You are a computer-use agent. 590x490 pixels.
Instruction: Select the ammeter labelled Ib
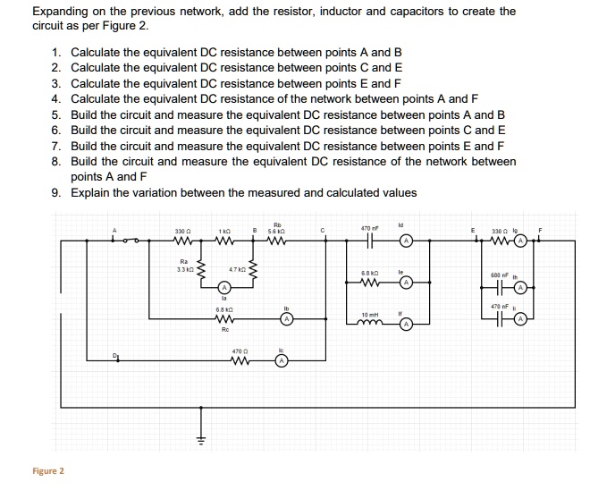pyautogui.click(x=285, y=318)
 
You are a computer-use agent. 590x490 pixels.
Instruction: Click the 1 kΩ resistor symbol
pyautogui.click(x=227, y=241)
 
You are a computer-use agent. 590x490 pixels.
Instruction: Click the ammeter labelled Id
pyautogui.click(x=405, y=241)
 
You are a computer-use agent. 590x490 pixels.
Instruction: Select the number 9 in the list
pyautogui.click(x=55, y=192)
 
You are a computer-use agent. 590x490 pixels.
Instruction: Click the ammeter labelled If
pyautogui.click(x=405, y=325)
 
